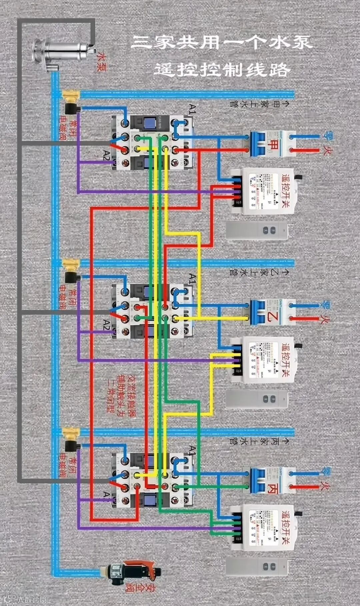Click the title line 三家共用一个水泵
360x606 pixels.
point(221,43)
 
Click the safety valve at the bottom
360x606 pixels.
point(133,573)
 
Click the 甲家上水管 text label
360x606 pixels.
point(259,104)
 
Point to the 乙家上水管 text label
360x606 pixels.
point(259,273)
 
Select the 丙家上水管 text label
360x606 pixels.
point(259,441)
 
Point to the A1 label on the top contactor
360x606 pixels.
point(192,109)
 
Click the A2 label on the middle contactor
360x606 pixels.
point(106,325)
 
